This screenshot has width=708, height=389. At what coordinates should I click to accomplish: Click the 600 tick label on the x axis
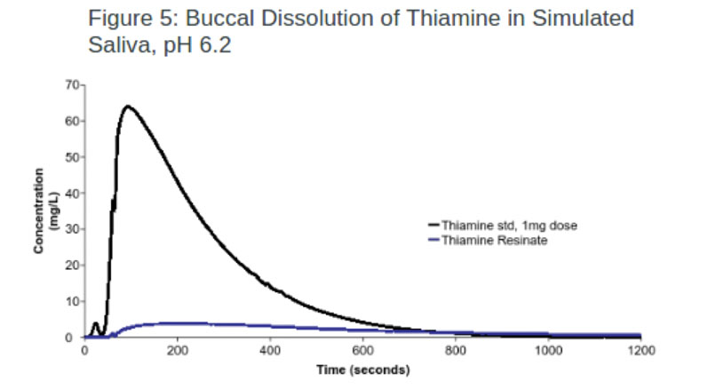point(362,350)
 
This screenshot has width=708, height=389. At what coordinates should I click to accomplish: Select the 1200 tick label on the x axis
point(640,350)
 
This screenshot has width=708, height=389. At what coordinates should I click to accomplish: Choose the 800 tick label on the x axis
point(455,350)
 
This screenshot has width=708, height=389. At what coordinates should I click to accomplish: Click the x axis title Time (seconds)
point(362,369)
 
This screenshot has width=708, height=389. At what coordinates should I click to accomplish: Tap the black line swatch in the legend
point(434,226)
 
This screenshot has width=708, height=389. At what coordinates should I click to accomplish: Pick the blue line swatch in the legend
point(434,240)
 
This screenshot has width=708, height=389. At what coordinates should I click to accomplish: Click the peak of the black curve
point(128,107)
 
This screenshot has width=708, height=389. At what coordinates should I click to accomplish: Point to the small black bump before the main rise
point(95,325)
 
